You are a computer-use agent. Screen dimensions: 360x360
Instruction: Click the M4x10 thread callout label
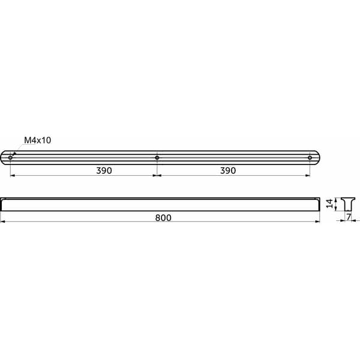[37, 140]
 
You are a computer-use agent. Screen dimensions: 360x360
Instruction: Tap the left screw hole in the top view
[10, 158]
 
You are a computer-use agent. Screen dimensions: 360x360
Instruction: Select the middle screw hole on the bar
[157, 158]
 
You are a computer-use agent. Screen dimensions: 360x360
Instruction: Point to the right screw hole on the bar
[310, 158]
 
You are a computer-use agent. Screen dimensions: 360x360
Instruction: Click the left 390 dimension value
[104, 170]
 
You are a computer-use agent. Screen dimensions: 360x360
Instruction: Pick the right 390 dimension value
[228, 170]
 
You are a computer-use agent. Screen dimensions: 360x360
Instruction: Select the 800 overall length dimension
[163, 218]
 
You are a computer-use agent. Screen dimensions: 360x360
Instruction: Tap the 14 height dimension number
[329, 203]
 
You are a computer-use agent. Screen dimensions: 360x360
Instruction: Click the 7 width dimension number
[349, 217]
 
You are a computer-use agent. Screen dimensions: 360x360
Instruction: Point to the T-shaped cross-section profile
[348, 204]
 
